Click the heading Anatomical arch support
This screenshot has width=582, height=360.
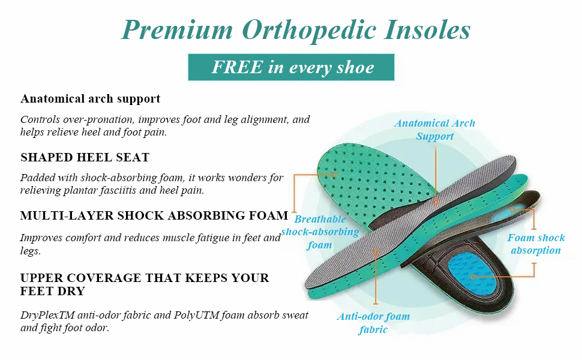point(91,99)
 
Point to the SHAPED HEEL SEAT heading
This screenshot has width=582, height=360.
point(85,157)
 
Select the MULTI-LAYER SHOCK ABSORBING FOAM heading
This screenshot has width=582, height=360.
point(154,215)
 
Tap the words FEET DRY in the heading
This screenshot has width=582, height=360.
point(53,292)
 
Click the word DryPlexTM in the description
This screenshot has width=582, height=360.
point(48,316)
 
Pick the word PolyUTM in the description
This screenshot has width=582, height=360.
point(196,315)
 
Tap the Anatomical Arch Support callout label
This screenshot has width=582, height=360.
point(434,130)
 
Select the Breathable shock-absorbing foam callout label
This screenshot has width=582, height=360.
point(320,232)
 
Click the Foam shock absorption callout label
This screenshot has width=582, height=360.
point(536,244)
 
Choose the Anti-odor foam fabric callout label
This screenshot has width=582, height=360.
point(373,323)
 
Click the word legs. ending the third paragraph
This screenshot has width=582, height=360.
point(31,251)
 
